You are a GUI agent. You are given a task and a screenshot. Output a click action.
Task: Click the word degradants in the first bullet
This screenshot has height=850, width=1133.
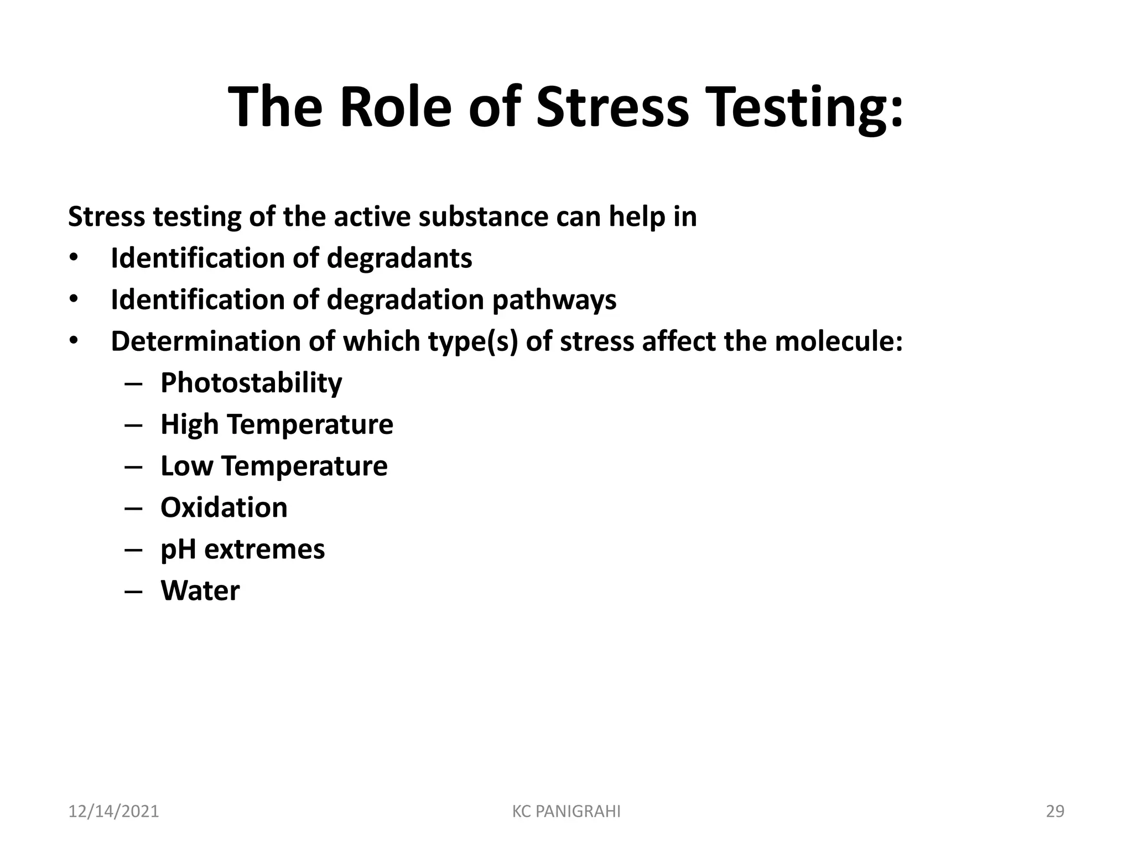(x=399, y=258)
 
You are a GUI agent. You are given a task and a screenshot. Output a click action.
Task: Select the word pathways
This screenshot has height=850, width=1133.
(x=554, y=300)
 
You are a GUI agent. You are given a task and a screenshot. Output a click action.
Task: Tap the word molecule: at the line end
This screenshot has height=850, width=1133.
(x=839, y=341)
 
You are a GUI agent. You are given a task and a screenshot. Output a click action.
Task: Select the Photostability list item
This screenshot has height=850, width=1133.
(x=251, y=383)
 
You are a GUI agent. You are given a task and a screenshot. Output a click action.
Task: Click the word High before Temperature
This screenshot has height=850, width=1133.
(x=189, y=424)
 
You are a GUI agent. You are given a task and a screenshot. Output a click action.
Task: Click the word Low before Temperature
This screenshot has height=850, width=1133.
(x=186, y=466)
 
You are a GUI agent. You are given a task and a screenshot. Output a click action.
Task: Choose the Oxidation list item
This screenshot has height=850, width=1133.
(x=224, y=507)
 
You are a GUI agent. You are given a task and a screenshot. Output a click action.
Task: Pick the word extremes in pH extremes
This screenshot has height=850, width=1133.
(x=264, y=549)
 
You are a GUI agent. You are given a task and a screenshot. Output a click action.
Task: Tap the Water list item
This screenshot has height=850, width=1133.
(x=200, y=590)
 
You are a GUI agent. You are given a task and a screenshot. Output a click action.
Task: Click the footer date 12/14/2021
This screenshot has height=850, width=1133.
(x=113, y=811)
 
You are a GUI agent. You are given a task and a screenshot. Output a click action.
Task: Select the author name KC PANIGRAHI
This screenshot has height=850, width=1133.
(x=566, y=811)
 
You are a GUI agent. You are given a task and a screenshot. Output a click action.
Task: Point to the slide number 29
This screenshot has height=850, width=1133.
(x=1055, y=811)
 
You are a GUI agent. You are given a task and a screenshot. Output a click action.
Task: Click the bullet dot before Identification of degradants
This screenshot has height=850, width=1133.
(x=74, y=258)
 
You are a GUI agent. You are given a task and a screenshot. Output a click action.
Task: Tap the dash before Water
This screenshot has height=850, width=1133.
(x=134, y=591)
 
